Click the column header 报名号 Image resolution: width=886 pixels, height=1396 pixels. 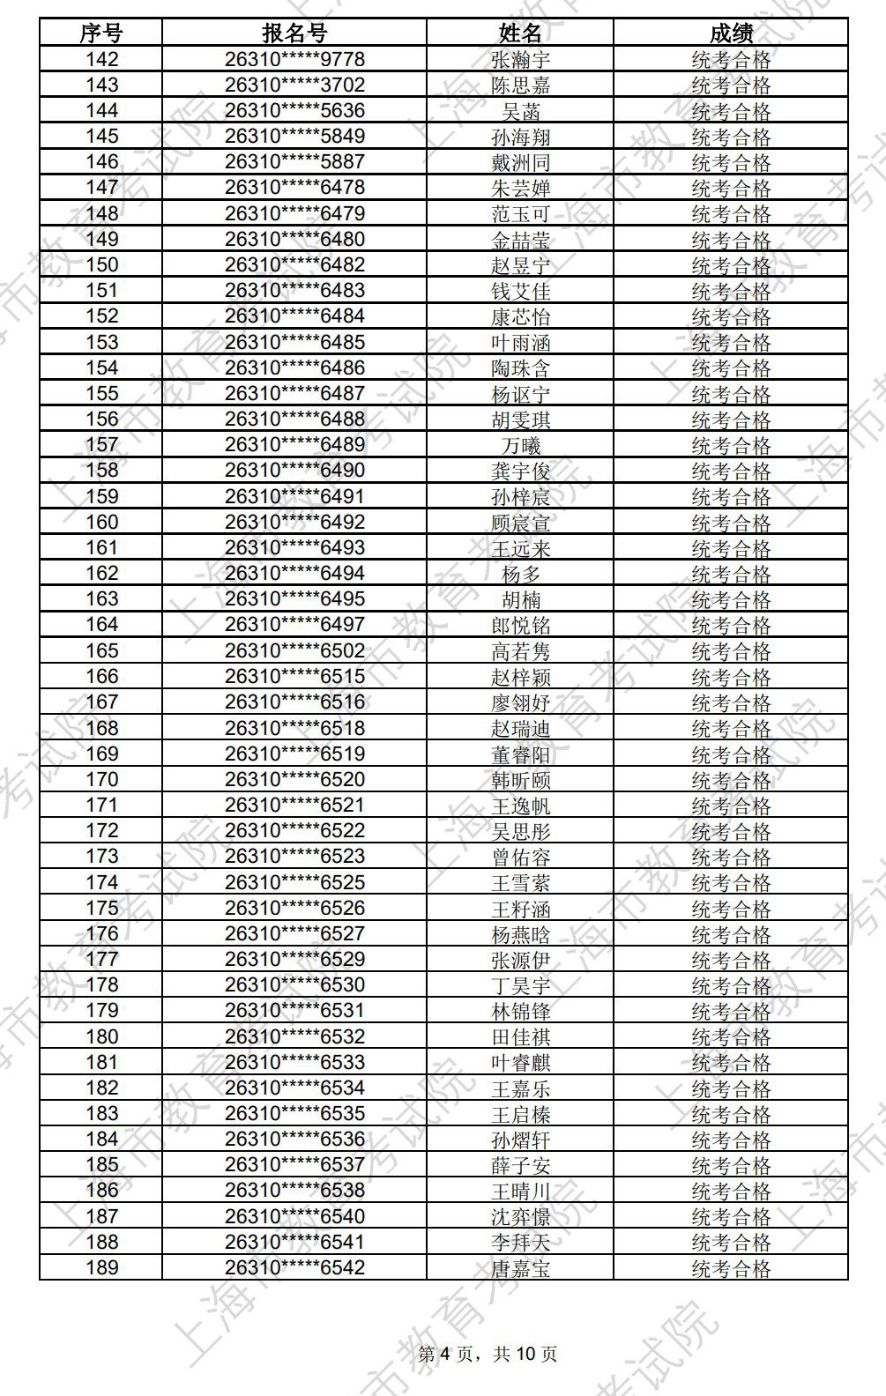click(294, 33)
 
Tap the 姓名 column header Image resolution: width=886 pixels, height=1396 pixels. click(520, 33)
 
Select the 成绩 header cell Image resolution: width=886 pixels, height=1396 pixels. click(731, 33)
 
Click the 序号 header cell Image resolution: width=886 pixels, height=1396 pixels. click(101, 33)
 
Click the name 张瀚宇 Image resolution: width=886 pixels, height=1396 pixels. click(520, 60)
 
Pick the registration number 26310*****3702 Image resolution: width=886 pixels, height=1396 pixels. click(294, 85)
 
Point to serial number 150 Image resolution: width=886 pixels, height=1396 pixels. click(101, 264)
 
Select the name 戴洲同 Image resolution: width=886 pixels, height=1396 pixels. click(520, 162)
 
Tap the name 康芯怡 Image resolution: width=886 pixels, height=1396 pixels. click(520, 316)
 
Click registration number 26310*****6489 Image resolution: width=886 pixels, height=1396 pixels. click(294, 444)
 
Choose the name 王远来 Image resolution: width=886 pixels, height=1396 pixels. click(520, 547)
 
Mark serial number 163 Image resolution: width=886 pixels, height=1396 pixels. click(101, 598)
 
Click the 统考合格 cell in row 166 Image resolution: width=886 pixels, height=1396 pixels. click(731, 676)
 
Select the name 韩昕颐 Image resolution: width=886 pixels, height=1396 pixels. click(520, 779)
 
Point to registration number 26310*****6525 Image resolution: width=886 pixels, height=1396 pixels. click(294, 882)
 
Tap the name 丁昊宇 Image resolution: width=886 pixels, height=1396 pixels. click(520, 984)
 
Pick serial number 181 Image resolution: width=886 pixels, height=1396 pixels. click(101, 1062)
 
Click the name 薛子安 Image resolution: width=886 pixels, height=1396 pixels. click(520, 1165)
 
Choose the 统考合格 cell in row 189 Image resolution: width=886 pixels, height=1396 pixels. click(731, 1267)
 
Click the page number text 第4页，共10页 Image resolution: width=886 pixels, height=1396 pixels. click(487, 1354)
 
